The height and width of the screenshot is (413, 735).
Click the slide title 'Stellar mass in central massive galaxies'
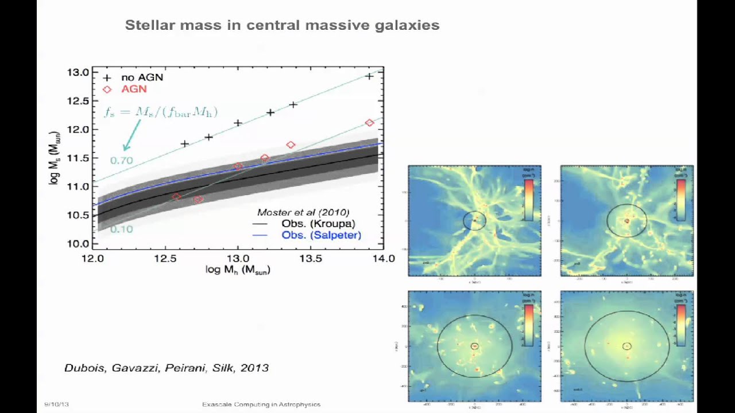[282, 25]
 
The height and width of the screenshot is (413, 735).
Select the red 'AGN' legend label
[133, 89]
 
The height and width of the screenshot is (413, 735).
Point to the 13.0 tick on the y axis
[78, 73]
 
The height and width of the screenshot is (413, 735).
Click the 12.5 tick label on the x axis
[165, 258]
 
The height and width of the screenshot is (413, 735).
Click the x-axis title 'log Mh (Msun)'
[238, 270]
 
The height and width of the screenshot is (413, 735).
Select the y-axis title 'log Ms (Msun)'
[55, 157]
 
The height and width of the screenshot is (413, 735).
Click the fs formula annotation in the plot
[160, 112]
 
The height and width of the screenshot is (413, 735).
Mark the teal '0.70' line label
[121, 161]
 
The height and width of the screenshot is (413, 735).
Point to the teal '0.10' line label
[121, 229]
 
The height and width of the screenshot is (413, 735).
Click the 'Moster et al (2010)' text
[303, 213]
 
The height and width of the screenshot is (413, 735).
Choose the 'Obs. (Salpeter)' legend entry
[321, 235]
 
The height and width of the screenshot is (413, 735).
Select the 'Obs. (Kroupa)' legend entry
[318, 224]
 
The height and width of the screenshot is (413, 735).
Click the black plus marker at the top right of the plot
[369, 76]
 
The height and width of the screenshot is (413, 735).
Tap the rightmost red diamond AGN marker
[369, 123]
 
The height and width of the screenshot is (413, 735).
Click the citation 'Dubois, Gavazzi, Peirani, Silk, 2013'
[167, 368]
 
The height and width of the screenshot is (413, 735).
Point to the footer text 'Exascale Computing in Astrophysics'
[261, 404]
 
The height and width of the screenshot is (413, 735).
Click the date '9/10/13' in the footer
[56, 404]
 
